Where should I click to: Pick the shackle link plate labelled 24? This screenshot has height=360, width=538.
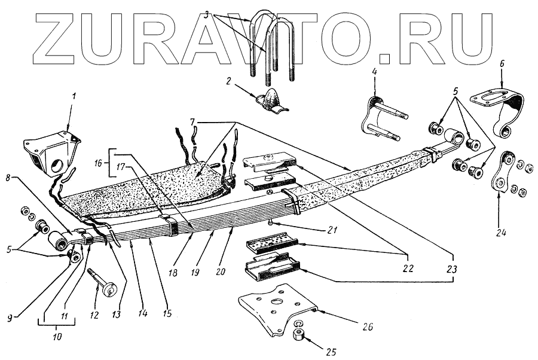pyautogui.click(x=501, y=173)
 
